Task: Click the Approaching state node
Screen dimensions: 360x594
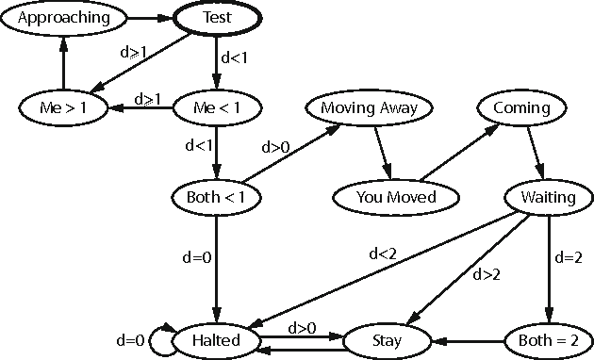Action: [x=63, y=17]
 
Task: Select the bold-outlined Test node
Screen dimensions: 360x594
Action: [x=217, y=17]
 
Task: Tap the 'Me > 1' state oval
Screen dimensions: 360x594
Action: [x=63, y=107]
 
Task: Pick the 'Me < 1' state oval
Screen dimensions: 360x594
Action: [x=217, y=107]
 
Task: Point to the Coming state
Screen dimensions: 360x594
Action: [x=521, y=107]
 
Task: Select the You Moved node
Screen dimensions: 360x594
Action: [x=396, y=197]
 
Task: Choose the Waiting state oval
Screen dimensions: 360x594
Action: [x=548, y=197]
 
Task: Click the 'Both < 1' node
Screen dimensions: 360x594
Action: [x=217, y=197]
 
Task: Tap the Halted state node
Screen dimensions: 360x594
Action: [x=217, y=339]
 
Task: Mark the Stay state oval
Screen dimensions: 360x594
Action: [x=388, y=339]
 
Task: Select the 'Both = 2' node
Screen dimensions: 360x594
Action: [x=548, y=339]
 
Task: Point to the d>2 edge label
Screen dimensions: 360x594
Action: [x=487, y=274]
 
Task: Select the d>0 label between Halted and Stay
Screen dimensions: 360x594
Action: [x=301, y=327]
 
